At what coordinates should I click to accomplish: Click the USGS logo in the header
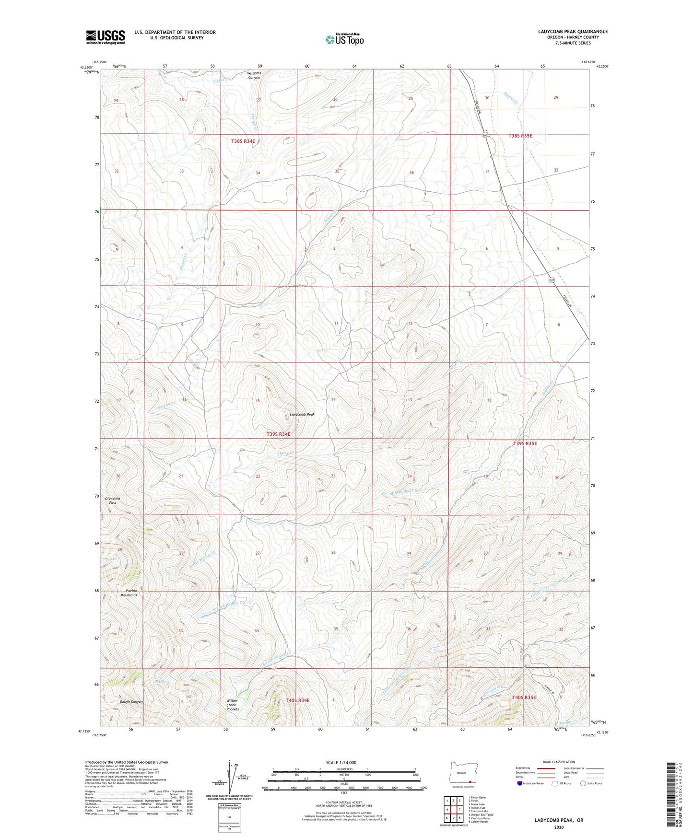click(105, 37)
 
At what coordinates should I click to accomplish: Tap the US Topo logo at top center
click(344, 39)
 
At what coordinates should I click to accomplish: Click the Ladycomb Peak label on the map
click(302, 414)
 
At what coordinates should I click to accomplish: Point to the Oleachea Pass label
click(112, 500)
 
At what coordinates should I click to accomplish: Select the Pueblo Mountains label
click(128, 593)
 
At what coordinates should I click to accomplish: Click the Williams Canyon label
click(254, 75)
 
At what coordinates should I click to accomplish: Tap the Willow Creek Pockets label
click(233, 705)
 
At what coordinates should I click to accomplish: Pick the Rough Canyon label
click(131, 701)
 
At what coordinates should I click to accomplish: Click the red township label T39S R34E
click(278, 434)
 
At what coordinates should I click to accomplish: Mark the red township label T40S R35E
click(530, 697)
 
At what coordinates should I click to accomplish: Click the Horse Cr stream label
click(285, 453)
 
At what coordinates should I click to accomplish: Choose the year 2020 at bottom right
click(559, 827)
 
